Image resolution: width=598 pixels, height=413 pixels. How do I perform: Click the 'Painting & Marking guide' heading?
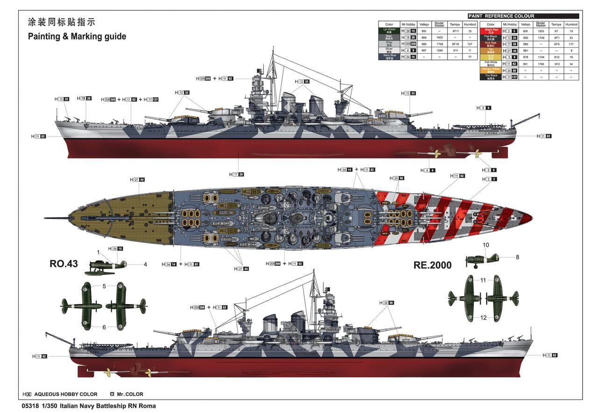pyautogui.click(x=77, y=36)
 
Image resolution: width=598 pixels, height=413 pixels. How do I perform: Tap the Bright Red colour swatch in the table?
pyautogui.click(x=491, y=31)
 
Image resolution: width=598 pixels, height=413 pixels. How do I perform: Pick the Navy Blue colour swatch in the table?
pyautogui.click(x=389, y=56)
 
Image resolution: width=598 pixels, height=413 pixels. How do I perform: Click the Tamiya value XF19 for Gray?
pyautogui.click(x=455, y=43)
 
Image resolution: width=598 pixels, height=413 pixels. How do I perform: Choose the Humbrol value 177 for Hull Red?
pyautogui.click(x=571, y=44)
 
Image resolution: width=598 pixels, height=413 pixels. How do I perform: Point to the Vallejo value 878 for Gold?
pyautogui.click(x=526, y=57)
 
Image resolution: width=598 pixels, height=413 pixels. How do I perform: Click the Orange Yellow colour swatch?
pyautogui.click(x=491, y=70)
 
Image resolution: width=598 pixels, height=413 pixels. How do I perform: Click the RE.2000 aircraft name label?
pyautogui.click(x=432, y=265)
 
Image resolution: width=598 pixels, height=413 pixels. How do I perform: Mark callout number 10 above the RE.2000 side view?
pyautogui.click(x=486, y=245)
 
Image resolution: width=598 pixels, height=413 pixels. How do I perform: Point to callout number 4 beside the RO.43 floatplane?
pyautogui.click(x=145, y=264)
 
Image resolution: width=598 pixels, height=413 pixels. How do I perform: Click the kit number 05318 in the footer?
pyautogui.click(x=30, y=406)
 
